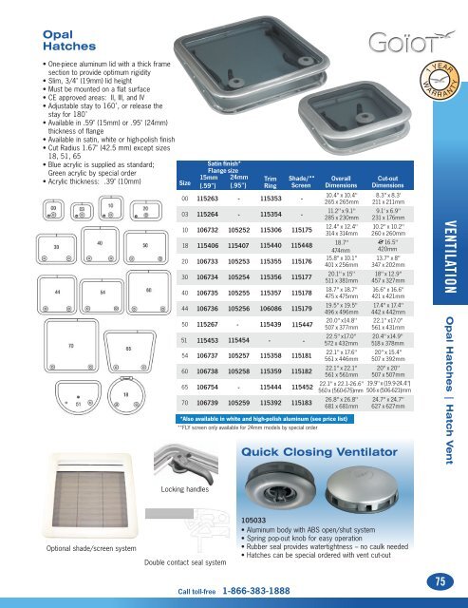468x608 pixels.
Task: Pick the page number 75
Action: coord(438,580)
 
